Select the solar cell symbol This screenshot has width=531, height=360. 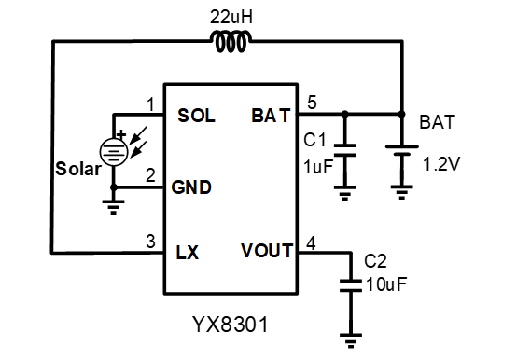tap(114, 150)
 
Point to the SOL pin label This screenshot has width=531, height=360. tap(196, 116)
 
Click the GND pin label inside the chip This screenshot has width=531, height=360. tap(191, 187)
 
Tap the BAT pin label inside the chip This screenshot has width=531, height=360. tap(271, 116)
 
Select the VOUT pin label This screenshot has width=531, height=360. tap(266, 251)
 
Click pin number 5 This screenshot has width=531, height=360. tap(313, 103)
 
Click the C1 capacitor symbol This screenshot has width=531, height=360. tap(345, 149)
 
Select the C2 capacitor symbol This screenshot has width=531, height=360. tap(351, 284)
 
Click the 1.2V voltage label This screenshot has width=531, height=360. tap(442, 164)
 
